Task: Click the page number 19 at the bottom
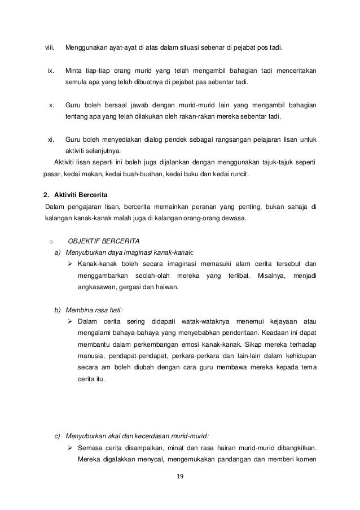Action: (x=181, y=476)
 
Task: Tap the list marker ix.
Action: (x=51, y=72)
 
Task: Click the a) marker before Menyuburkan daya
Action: (x=58, y=252)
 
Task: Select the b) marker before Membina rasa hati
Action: (x=58, y=310)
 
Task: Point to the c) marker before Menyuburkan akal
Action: (x=58, y=435)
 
